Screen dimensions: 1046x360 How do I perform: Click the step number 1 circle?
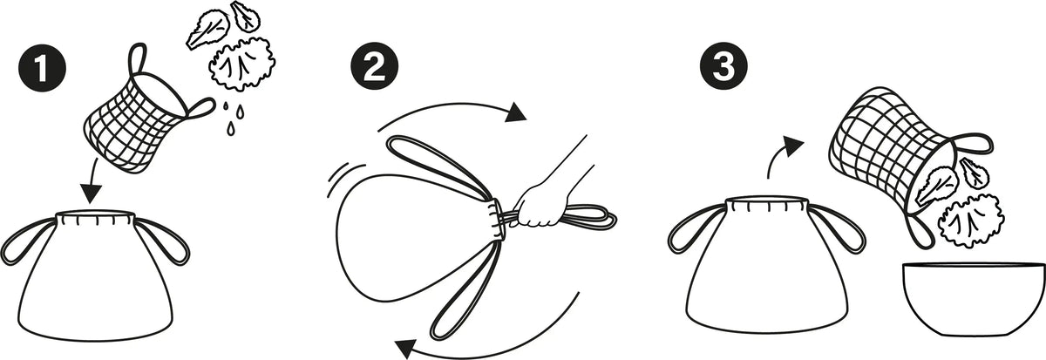[43, 68]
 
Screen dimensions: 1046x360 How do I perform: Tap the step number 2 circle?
[375, 66]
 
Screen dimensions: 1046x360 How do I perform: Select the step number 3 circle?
[723, 66]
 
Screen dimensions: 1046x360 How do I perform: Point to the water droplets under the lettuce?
[233, 119]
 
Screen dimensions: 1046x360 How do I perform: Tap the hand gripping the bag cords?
[547, 203]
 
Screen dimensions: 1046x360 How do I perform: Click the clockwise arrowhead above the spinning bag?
[516, 112]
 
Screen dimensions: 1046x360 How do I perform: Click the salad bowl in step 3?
[973, 299]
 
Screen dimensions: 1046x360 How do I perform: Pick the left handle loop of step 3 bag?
[696, 228]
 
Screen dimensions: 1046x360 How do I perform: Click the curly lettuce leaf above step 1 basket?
[241, 64]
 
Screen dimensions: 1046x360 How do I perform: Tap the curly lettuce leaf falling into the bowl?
[971, 221]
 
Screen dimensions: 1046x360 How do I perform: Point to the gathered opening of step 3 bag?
[767, 205]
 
